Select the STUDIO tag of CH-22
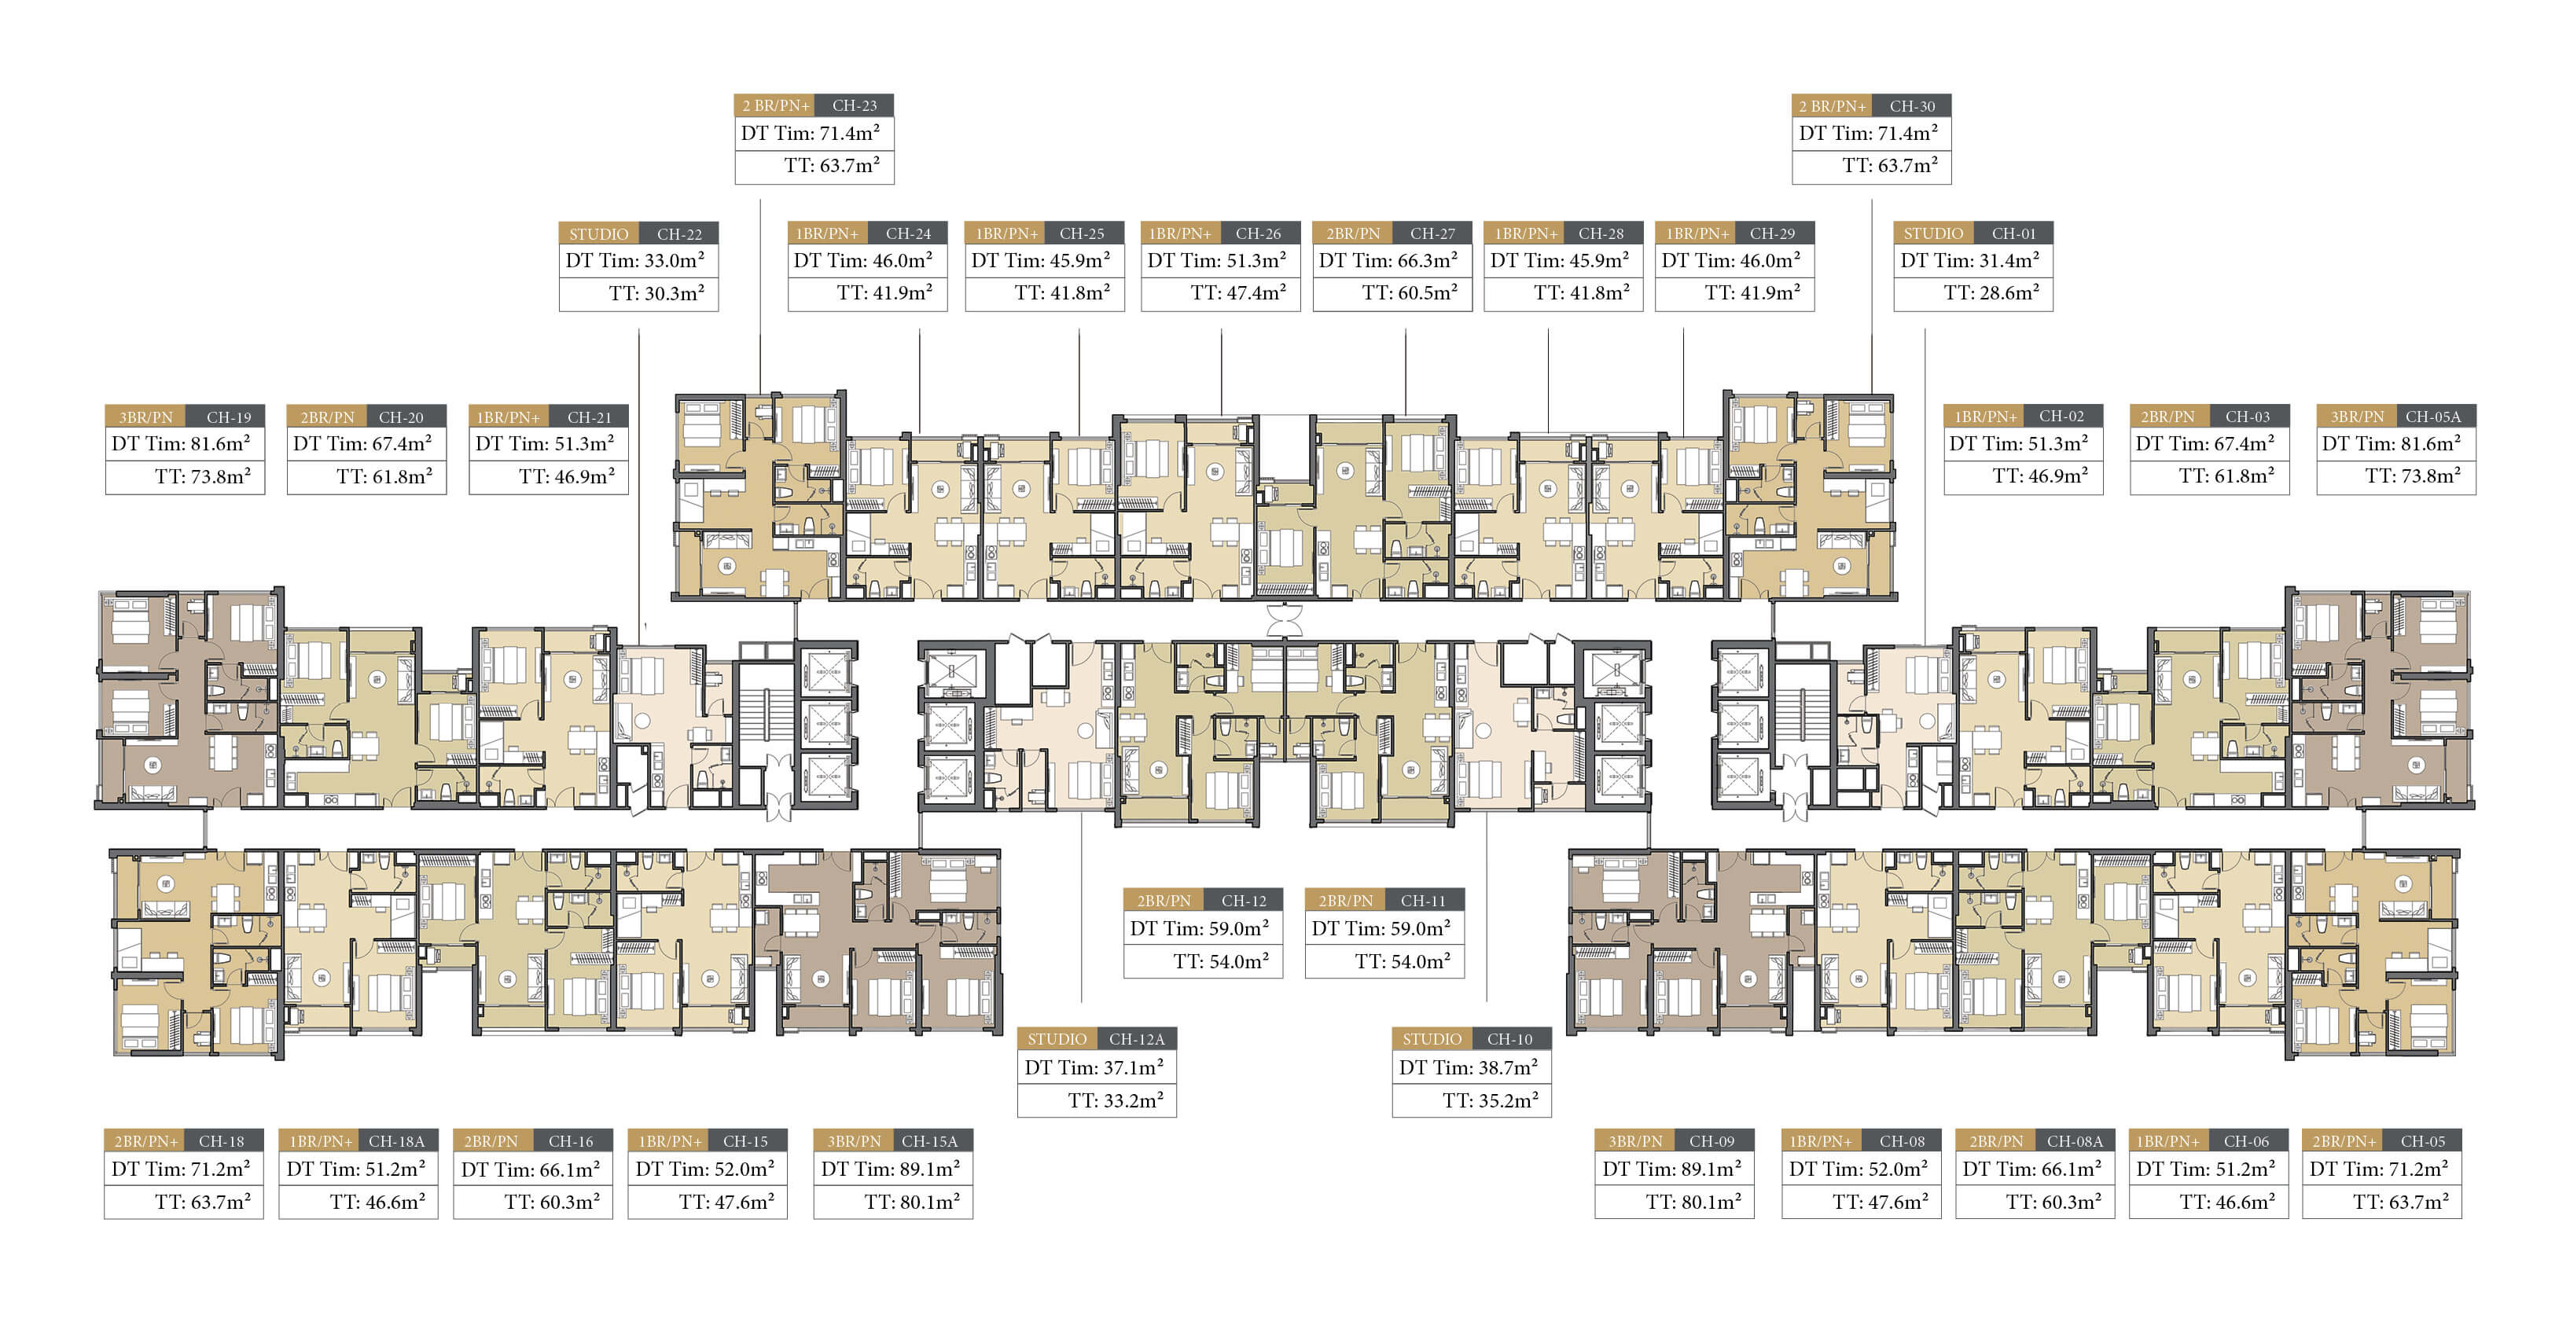click(x=598, y=234)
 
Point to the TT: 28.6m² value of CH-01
click(x=1991, y=293)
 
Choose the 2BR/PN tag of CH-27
click(x=1353, y=233)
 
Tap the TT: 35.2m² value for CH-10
click(x=1491, y=1100)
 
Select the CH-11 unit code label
click(x=1423, y=901)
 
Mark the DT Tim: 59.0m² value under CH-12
click(x=1199, y=929)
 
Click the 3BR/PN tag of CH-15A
click(x=853, y=1141)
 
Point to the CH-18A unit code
click(x=396, y=1141)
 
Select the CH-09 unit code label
click(x=1712, y=1141)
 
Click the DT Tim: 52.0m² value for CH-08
click(x=1858, y=1170)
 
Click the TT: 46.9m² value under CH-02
click(x=2040, y=477)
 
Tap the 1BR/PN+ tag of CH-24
click(x=827, y=234)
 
